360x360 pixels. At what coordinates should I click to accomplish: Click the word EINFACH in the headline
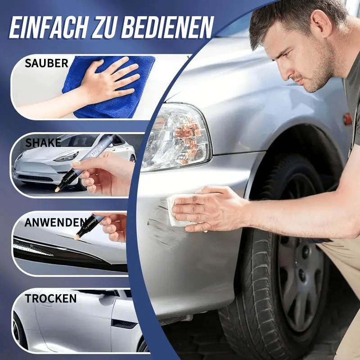pyautogui.click(x=48, y=27)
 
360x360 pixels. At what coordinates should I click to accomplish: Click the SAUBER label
pyautogui.click(x=46, y=63)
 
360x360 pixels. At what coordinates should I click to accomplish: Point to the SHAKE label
pyautogui.click(x=43, y=143)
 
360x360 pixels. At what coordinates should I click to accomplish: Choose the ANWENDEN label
pyautogui.click(x=55, y=222)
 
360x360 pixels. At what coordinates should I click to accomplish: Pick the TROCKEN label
pyautogui.click(x=50, y=298)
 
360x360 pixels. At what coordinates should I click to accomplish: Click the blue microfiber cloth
pyautogui.click(x=108, y=87)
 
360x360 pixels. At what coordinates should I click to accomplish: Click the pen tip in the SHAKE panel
pyautogui.click(x=57, y=190)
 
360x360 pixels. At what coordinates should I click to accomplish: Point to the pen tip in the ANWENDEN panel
pyautogui.click(x=76, y=237)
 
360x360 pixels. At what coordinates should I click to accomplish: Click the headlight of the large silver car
pyautogui.click(x=176, y=137)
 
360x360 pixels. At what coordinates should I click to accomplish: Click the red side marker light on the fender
pyautogui.click(x=347, y=119)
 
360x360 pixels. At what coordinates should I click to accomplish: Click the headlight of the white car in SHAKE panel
pyautogui.click(x=67, y=157)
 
